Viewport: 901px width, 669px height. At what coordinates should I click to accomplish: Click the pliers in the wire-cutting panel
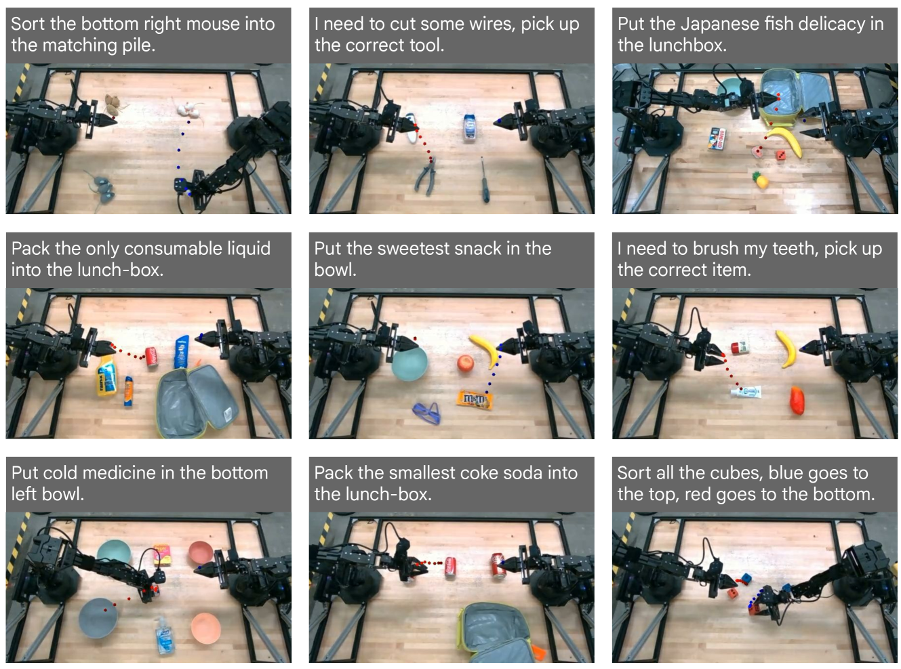[426, 177]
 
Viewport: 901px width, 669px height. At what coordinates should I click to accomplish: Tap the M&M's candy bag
[475, 400]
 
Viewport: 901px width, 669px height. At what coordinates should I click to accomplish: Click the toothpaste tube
[746, 392]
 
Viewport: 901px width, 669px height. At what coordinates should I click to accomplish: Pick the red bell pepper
[797, 400]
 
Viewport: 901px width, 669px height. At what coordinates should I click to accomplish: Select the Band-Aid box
[718, 138]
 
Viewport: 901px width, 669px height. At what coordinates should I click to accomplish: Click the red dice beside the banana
[780, 155]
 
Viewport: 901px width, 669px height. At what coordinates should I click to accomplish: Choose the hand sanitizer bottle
[164, 634]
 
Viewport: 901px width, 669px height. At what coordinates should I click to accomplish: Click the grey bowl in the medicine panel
[98, 617]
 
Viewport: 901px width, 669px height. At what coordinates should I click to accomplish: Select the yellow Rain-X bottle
[106, 375]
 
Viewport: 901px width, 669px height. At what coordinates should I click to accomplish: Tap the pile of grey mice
[100, 190]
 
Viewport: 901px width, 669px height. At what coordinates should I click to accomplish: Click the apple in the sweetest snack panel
[466, 363]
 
